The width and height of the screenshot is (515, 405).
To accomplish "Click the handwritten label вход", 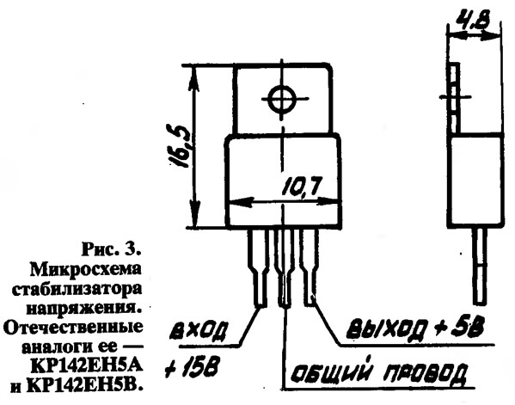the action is coord(199,331).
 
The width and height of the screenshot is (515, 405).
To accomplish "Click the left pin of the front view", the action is coord(259,267).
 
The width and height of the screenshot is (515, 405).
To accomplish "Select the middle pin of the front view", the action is coord(283,267).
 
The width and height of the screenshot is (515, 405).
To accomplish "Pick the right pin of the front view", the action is coord(309,267).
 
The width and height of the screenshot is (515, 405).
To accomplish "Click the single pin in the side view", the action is coord(479,266).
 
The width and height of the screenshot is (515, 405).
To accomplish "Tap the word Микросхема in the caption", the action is coord(86,270).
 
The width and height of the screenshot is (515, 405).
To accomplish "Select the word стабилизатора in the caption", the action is coord(77,291).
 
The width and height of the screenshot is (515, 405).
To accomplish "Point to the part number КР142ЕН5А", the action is coord(86,366).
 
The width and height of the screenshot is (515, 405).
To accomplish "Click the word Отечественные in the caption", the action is coord(73,328).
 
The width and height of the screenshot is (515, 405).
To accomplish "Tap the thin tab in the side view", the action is coord(455,98).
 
